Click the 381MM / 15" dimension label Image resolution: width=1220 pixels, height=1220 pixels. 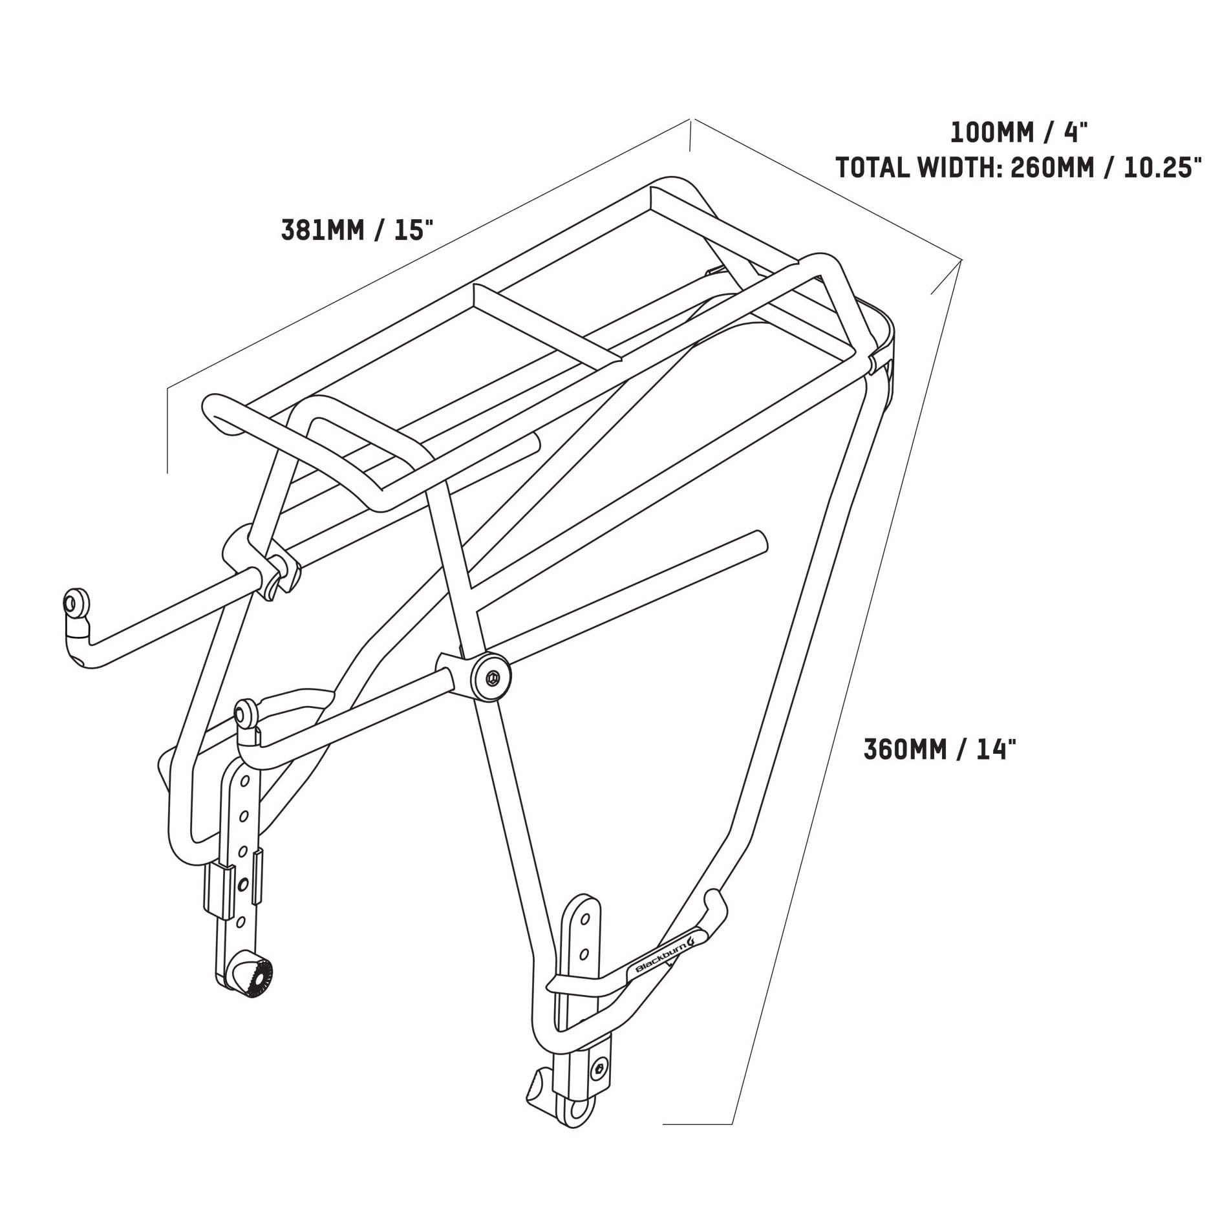click(x=356, y=231)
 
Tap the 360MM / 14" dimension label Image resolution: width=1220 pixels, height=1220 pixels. click(x=936, y=749)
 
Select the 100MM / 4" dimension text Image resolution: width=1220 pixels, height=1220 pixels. click(x=1020, y=133)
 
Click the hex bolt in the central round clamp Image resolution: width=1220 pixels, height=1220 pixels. click(x=493, y=679)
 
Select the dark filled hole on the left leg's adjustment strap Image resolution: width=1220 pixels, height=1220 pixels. click(x=242, y=883)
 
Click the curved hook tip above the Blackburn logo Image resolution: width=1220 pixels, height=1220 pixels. click(x=713, y=897)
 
